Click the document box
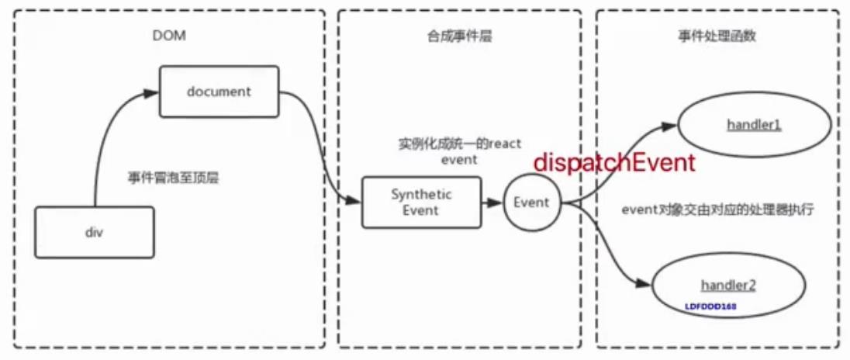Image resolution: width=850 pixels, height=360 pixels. click(x=219, y=92)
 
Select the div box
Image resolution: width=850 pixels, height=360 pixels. click(x=94, y=232)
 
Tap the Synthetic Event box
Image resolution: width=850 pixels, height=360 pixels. click(x=421, y=202)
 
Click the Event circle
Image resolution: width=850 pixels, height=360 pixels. click(x=532, y=202)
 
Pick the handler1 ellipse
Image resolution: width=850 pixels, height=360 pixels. click(x=754, y=125)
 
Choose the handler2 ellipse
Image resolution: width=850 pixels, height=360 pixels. click(x=728, y=286)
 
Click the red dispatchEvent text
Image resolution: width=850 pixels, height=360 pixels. click(x=613, y=162)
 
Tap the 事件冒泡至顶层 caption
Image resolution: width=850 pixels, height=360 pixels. click(x=173, y=178)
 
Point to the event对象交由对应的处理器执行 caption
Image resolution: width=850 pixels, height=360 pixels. click(x=718, y=209)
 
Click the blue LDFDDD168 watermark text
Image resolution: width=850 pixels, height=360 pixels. click(x=710, y=306)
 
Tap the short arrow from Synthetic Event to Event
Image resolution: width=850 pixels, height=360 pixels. click(x=492, y=202)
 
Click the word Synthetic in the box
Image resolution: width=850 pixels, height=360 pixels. click(x=421, y=194)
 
